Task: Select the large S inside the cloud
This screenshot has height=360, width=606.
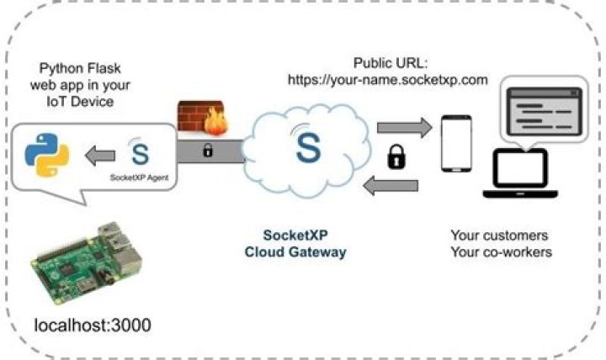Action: click(x=309, y=147)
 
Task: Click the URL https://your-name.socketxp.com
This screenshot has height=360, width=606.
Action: click(x=388, y=82)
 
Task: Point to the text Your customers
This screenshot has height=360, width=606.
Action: click(x=499, y=235)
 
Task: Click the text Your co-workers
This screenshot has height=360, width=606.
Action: click(x=501, y=251)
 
